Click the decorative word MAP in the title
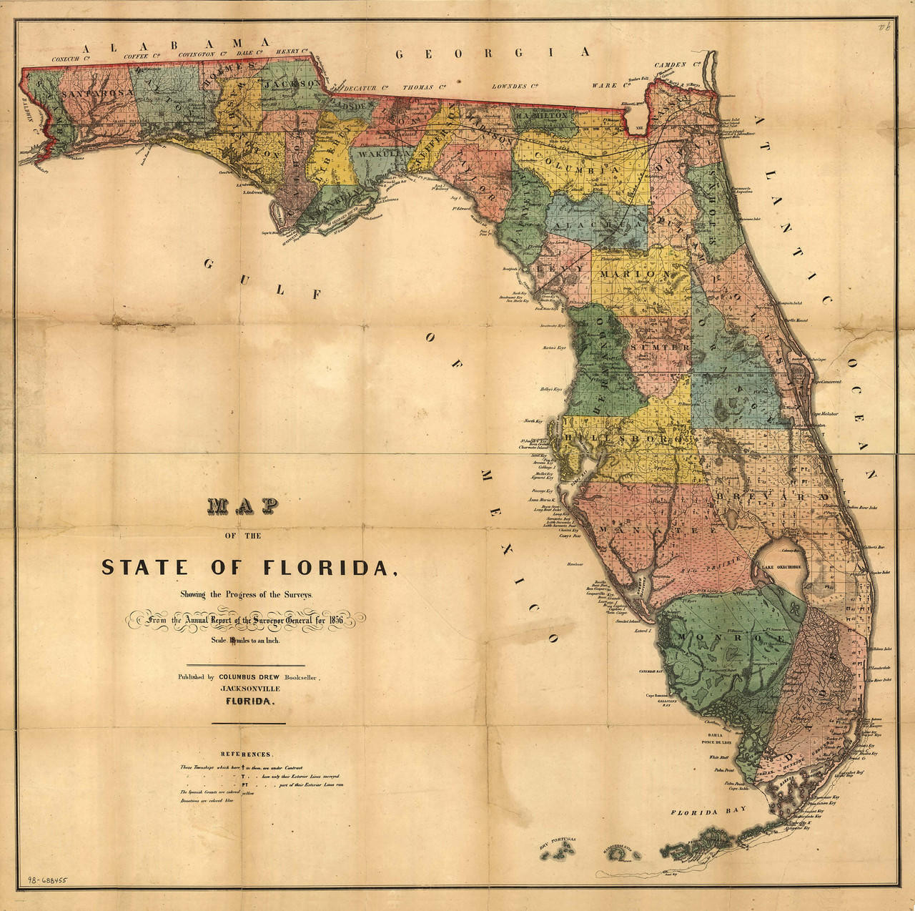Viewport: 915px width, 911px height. coord(242,506)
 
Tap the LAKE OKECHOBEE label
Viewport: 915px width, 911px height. coord(781,567)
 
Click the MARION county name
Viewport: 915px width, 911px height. coord(635,275)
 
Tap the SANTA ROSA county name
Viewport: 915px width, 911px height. coord(97,94)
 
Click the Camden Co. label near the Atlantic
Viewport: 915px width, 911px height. coord(671,65)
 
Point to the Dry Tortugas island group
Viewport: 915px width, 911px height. coord(562,850)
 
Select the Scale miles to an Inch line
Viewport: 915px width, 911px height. coord(245,641)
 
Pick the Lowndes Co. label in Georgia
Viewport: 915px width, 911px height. coord(515,87)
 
